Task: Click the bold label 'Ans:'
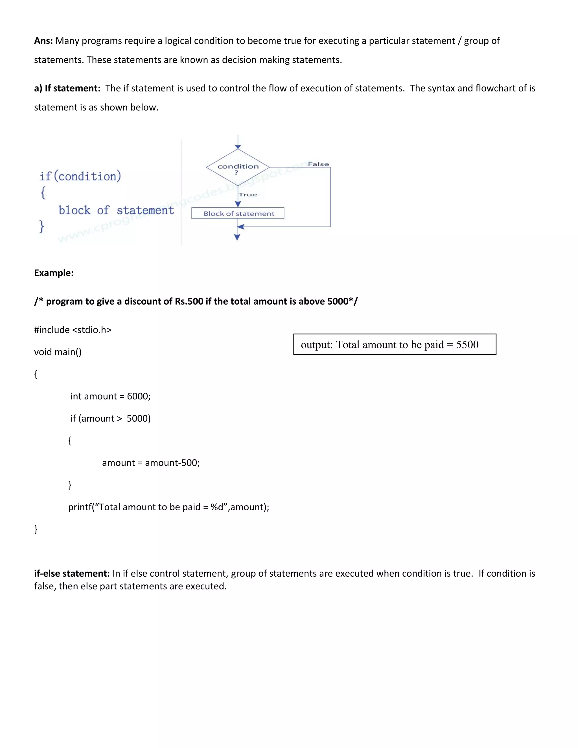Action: pyautogui.click(x=43, y=41)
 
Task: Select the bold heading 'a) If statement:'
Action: pyautogui.click(x=67, y=88)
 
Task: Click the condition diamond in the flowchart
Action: pyautogui.click(x=238, y=167)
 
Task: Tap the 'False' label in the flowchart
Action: pyautogui.click(x=318, y=164)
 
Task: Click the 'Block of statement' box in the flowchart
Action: pyautogui.click(x=238, y=213)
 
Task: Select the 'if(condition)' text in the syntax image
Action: pyautogui.click(x=80, y=176)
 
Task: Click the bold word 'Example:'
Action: pyautogui.click(x=54, y=273)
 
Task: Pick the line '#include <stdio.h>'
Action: pyautogui.click(x=73, y=330)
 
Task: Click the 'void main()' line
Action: pyautogui.click(x=58, y=352)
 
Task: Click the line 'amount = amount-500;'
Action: pyautogui.click(x=151, y=463)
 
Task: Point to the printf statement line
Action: pyautogui.click(x=168, y=507)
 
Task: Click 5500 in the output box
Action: pyautogui.click(x=467, y=345)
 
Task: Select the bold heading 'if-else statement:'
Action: pyautogui.click(x=72, y=573)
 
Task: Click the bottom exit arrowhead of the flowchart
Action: pyautogui.click(x=237, y=237)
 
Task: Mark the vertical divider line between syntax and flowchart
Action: pyautogui.click(x=181, y=192)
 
